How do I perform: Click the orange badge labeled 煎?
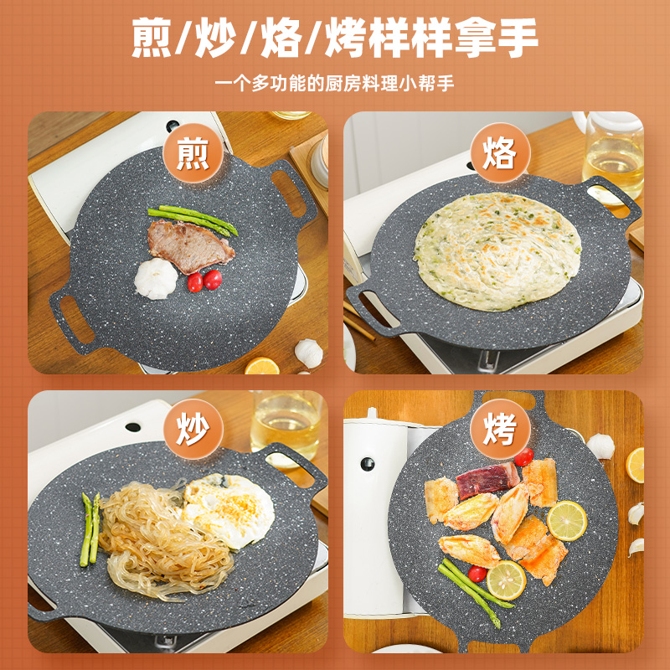point(193,153)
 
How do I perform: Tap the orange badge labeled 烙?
point(500,153)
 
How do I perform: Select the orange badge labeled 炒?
point(193,429)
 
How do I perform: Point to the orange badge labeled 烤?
point(500,429)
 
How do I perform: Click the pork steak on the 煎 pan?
point(190,245)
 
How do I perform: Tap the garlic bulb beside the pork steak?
point(156,278)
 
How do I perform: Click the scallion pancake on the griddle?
point(497,251)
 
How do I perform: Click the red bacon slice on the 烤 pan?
point(487,480)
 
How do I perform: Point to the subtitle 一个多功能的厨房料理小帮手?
point(334,83)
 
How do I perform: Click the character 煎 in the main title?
point(152,38)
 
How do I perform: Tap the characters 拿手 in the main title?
point(496,38)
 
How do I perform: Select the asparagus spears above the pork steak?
point(193,219)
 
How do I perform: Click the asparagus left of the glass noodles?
point(90,529)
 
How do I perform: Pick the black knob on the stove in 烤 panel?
point(367,464)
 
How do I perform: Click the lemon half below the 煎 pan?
point(262,366)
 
